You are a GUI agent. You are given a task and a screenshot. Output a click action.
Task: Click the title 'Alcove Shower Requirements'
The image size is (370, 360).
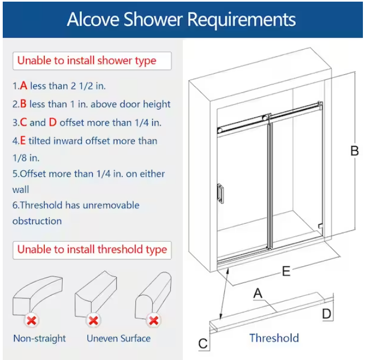point(181,20)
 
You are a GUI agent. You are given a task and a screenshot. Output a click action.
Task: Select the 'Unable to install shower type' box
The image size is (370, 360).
point(87,61)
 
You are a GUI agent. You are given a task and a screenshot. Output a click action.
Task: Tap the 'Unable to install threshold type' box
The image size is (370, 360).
point(92,250)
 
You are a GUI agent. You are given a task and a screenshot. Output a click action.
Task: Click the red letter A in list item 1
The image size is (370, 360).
point(23,86)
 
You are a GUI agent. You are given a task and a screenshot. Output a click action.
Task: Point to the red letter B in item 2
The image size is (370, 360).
point(23,104)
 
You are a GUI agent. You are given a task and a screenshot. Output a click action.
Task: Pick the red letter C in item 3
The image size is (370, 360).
point(23,123)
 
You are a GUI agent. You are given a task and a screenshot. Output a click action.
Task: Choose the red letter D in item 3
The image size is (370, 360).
point(52,123)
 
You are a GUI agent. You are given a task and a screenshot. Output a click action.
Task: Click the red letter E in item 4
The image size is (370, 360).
point(23,141)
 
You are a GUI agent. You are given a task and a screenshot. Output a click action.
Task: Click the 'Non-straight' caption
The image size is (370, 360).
point(39,338)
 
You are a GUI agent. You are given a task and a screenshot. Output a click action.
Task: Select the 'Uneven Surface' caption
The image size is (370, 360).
point(118,338)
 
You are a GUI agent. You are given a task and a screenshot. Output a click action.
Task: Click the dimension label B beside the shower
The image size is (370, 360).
point(354,151)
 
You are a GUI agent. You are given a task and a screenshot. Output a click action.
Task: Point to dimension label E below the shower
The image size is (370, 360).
point(285,271)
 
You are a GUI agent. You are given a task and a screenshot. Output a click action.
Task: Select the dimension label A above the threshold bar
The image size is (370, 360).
point(258,293)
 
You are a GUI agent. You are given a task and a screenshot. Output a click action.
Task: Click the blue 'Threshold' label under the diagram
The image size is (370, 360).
point(274,338)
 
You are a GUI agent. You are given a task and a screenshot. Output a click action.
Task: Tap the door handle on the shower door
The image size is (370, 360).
point(220,193)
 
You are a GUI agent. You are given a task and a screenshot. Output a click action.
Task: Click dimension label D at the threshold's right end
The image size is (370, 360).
point(326,314)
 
